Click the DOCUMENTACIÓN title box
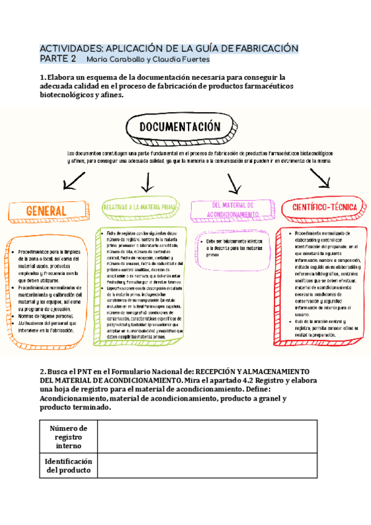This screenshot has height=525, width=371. tap(179, 127)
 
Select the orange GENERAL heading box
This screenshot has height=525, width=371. tap(47, 212)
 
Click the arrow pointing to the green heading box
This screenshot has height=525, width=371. tap(147, 181)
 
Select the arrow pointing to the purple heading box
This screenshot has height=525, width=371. tap(234, 183)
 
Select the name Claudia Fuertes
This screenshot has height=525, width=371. tap(184, 59)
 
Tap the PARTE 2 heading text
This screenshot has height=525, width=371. tap(58, 59)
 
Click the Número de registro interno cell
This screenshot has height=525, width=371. tap(68, 437)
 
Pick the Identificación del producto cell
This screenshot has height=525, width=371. tap(68, 466)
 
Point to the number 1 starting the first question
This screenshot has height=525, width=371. tap(42, 77)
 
